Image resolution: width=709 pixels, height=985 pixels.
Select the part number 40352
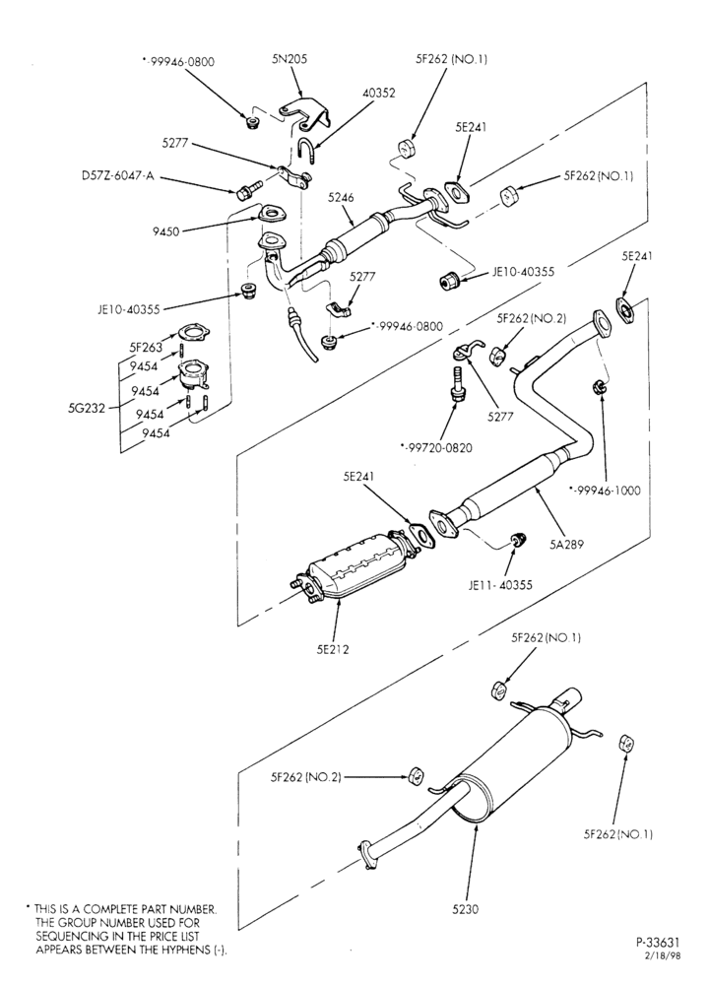[x=379, y=93]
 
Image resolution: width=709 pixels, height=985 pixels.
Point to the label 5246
[x=341, y=197]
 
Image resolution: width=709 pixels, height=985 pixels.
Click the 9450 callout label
[x=165, y=231]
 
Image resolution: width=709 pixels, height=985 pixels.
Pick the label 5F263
[x=146, y=346]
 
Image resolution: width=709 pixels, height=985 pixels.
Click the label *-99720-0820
[x=436, y=448]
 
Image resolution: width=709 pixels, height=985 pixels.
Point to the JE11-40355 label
[x=500, y=585]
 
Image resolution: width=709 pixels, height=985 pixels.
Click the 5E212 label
[x=333, y=649]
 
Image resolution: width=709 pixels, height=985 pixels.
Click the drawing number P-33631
[x=658, y=943]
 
